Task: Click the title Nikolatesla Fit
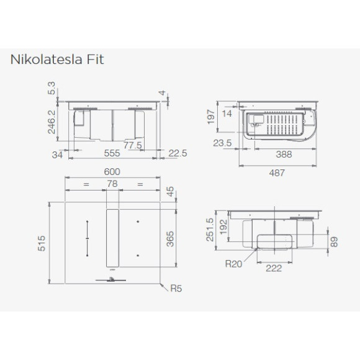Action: click(56, 60)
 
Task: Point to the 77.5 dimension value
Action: click(132, 145)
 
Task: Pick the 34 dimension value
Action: click(58, 154)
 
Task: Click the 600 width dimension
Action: click(112, 171)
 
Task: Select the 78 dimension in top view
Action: click(112, 184)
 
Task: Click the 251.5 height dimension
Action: click(210, 230)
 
